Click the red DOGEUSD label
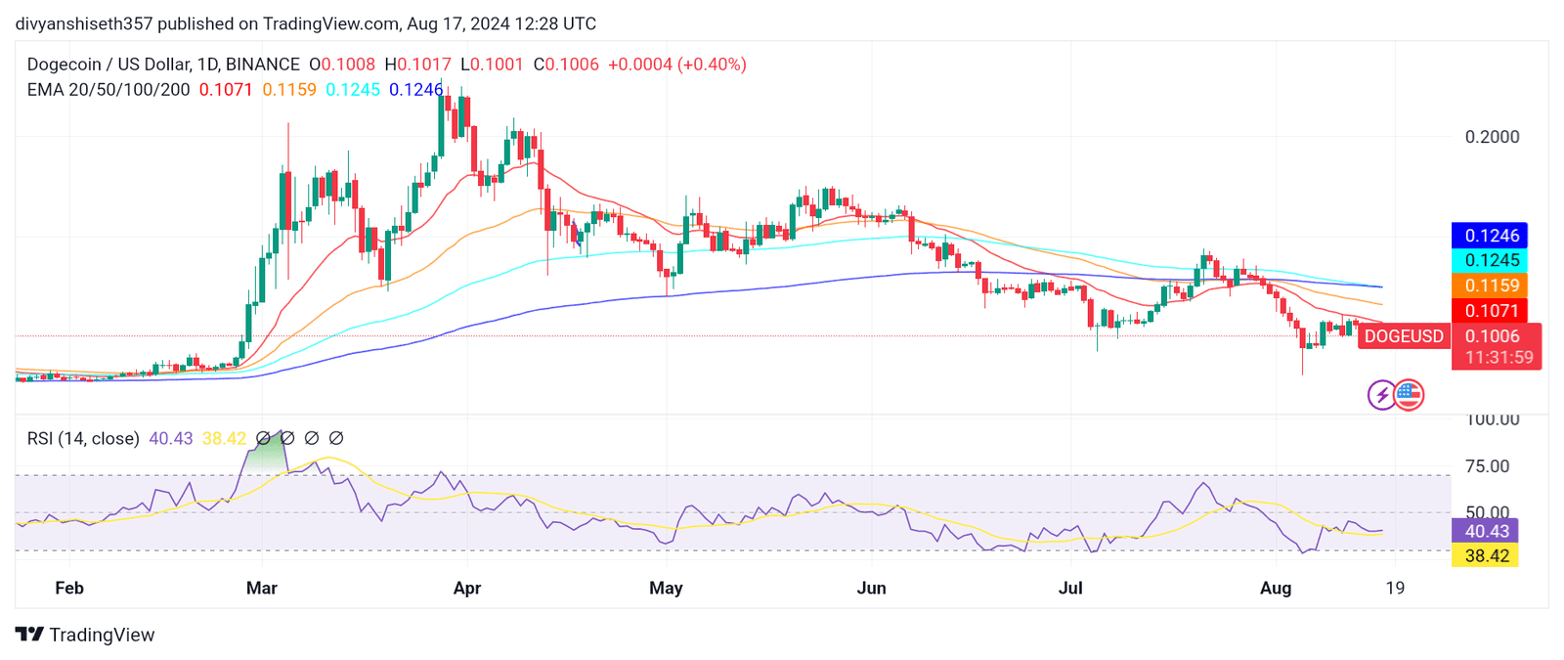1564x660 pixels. (1403, 336)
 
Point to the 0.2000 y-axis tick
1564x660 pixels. (1492, 137)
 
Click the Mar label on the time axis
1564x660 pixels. (262, 588)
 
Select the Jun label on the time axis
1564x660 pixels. (871, 588)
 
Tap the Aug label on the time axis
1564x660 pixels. (1276, 588)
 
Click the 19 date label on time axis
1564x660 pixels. (1395, 588)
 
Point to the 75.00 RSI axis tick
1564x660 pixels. (1487, 466)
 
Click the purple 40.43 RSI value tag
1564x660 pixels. (1485, 531)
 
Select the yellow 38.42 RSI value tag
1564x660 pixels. (1485, 555)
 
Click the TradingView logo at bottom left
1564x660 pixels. (85, 635)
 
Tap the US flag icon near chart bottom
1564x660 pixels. (1409, 395)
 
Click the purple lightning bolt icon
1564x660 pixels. (1381, 395)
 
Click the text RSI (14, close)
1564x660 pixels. (83, 439)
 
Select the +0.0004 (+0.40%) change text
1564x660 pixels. (676, 65)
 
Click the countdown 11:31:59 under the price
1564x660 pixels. (1499, 358)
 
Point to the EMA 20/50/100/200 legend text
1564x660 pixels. (109, 90)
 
